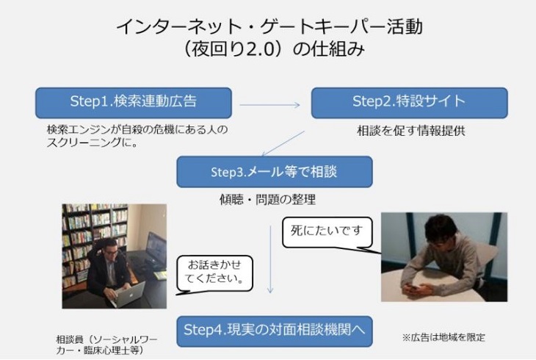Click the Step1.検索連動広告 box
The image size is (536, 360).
point(134,103)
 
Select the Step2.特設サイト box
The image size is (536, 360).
point(409,103)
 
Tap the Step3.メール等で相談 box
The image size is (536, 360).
point(275,171)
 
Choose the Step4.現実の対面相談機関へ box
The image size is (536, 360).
point(275,331)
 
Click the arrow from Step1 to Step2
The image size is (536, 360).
point(269,105)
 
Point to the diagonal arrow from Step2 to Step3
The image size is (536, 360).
point(283,143)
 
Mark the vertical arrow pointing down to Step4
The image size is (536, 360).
point(270,259)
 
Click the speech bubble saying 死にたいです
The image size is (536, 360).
point(327,232)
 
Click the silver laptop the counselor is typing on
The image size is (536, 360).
point(130,295)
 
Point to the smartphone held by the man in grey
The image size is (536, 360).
point(413,288)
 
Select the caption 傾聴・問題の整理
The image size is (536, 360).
point(267,200)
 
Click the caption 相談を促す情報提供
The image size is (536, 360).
point(411,131)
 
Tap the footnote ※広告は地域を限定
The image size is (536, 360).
point(443,337)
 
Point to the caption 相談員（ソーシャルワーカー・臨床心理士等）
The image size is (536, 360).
point(106,345)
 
